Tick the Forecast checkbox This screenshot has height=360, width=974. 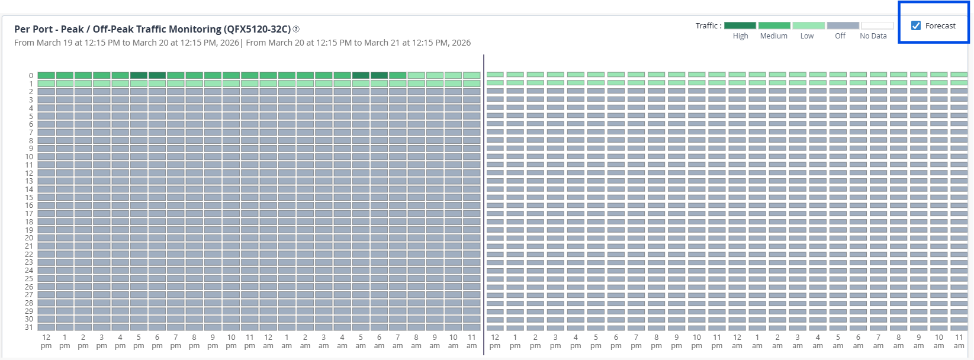pos(916,25)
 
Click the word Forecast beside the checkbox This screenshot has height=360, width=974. pos(940,26)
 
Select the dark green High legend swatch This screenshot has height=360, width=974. pos(740,25)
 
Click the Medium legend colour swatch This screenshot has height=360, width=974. pos(774,25)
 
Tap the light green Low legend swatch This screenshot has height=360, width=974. pos(808,25)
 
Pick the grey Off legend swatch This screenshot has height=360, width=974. pos(843,25)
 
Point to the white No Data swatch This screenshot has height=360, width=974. pos(877,25)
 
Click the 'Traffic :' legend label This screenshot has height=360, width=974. pos(708,26)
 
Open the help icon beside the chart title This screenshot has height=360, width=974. pos(296,29)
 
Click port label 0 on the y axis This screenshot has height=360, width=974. pos(31,76)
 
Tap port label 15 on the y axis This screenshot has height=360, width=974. pos(29,198)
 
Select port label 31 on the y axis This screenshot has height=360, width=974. pos(29,327)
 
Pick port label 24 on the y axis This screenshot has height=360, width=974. pos(29,271)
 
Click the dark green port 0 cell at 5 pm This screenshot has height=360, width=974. pos(139,76)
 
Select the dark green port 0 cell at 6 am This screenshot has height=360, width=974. pos(379,76)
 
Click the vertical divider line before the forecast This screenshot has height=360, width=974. pos(484,201)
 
